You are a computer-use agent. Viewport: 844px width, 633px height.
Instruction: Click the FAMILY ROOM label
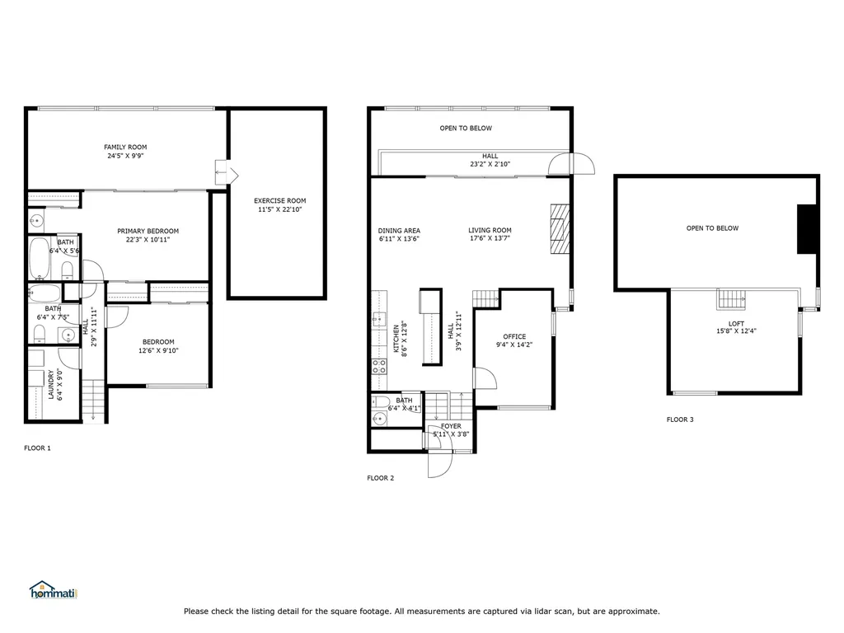[125, 147]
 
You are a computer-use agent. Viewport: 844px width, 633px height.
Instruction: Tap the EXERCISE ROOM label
[279, 200]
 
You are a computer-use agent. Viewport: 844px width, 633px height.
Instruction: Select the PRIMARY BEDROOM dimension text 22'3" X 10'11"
[148, 240]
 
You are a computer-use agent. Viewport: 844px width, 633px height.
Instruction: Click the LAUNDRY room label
[50, 384]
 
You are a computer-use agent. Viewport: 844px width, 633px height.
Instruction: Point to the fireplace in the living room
[560, 230]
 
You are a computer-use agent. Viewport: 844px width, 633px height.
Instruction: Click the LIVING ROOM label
[490, 231]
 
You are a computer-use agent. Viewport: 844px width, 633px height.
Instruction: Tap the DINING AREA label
[399, 231]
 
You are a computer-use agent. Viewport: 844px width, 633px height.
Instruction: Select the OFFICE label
[514, 336]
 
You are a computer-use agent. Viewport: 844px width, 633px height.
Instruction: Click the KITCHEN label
[396, 338]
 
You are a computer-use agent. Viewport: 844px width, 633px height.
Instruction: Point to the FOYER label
[451, 426]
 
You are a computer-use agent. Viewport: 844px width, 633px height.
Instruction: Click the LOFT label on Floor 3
[736, 324]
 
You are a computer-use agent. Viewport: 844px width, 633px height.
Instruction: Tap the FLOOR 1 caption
[37, 448]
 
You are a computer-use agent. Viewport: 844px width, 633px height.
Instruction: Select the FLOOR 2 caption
[380, 477]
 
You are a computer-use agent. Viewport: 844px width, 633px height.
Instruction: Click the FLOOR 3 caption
[679, 420]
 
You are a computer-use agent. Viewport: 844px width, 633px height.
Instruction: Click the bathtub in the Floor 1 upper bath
[39, 259]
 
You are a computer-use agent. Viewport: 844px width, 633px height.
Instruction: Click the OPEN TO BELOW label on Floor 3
[712, 228]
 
